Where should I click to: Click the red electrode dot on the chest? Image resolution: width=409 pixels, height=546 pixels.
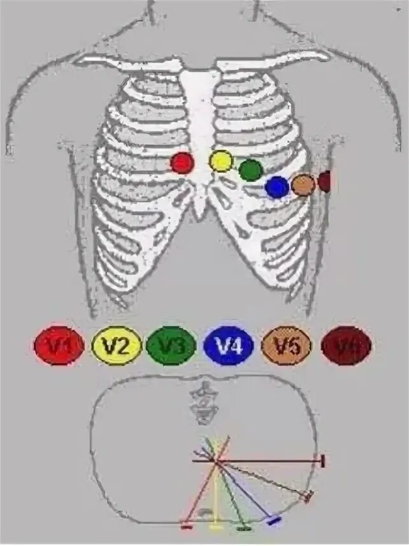coord(182,163)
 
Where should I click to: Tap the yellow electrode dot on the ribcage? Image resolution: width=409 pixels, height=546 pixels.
coord(221,161)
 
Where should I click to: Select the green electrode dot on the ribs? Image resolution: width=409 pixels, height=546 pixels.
coord(250,170)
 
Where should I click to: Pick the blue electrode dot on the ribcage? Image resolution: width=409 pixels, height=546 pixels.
coord(277,186)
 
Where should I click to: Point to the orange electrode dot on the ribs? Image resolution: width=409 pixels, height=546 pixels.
coord(303,185)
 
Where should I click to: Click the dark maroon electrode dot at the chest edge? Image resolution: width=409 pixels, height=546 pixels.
coord(325,182)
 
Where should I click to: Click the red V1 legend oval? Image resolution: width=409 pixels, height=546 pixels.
coord(59,346)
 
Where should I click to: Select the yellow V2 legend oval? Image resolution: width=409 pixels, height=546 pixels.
coord(117,346)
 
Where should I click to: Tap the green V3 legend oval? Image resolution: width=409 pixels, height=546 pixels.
coord(170,346)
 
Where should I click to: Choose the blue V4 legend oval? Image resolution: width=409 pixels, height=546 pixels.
coord(229,346)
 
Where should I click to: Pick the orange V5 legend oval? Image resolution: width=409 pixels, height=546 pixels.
coord(287,346)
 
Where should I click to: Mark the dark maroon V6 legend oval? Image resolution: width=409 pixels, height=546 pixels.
coord(346,346)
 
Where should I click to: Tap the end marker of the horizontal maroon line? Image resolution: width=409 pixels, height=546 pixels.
coord(323,461)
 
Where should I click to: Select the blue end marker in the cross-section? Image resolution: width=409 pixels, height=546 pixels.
coord(275,520)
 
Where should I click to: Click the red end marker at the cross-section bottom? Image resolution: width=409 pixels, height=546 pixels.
coord(187,527)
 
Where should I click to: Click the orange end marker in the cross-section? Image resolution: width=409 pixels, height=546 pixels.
coord(308,496)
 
